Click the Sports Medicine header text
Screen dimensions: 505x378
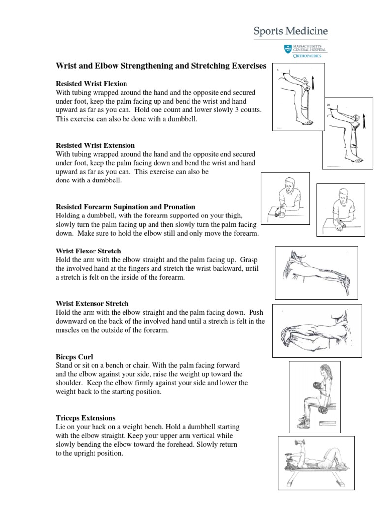[290, 31]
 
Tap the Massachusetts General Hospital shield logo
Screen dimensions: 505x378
[287, 49]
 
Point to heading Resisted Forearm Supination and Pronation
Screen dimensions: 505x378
[125, 207]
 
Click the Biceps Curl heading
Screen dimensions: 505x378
[75, 357]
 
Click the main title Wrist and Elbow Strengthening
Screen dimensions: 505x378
[160, 65]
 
